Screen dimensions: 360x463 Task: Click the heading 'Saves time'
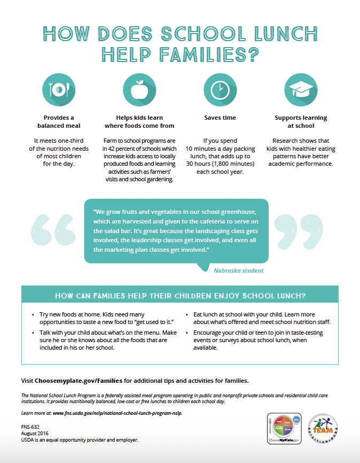220,118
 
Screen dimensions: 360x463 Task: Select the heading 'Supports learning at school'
301,121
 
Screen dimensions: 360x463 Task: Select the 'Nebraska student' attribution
238,271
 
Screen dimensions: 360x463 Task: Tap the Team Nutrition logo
323,428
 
